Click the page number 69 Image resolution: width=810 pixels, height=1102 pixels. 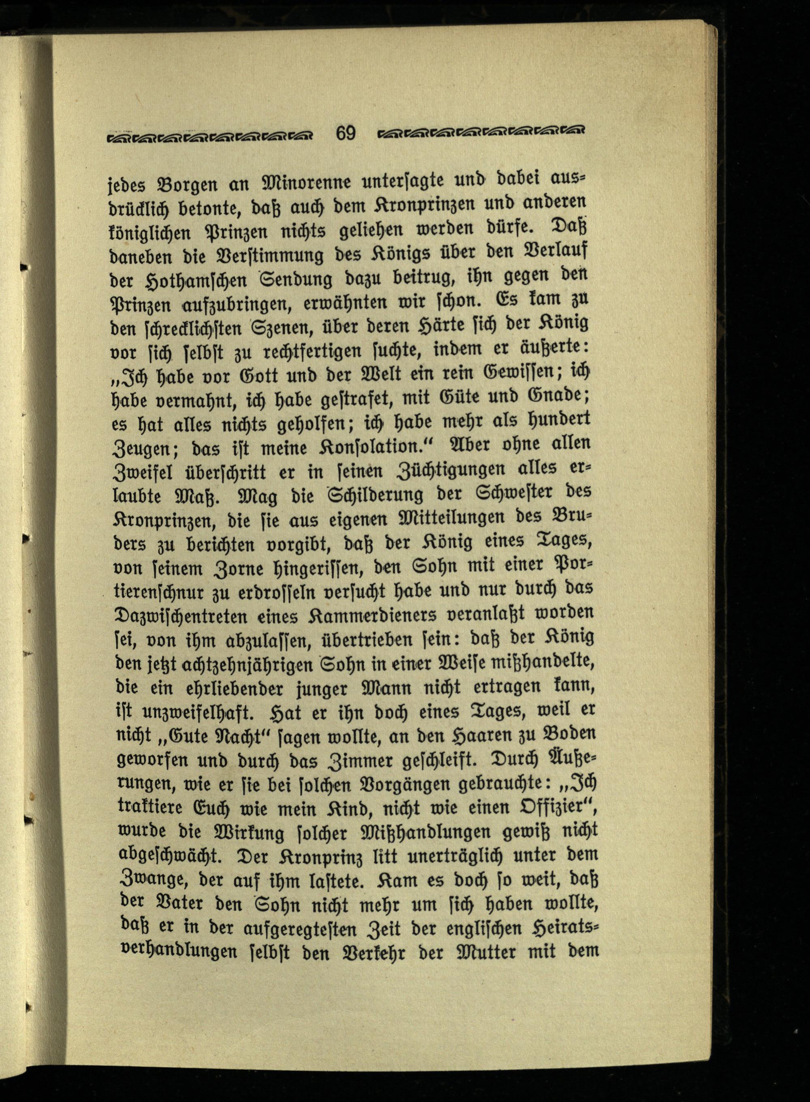[x=346, y=133]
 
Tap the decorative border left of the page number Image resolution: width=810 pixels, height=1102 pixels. [x=211, y=135]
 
